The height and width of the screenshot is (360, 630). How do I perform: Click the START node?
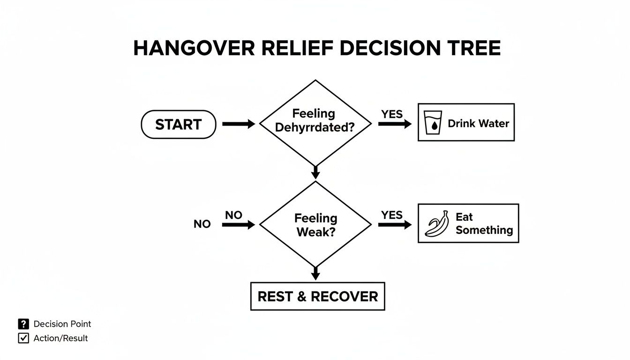pyautogui.click(x=179, y=125)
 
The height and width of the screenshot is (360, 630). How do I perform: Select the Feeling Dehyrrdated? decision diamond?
pyautogui.click(x=315, y=123)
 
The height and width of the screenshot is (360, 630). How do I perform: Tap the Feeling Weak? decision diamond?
pyautogui.click(x=315, y=225)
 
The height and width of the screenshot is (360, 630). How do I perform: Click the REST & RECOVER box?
pyautogui.click(x=317, y=296)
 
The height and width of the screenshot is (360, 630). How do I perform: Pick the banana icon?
pyautogui.click(x=436, y=224)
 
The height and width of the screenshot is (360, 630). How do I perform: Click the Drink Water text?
pyautogui.click(x=478, y=123)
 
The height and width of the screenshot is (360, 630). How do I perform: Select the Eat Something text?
pyautogui.click(x=484, y=224)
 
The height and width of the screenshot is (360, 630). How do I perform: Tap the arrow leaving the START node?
pyautogui.click(x=238, y=124)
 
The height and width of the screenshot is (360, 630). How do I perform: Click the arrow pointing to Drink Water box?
pyautogui.click(x=394, y=124)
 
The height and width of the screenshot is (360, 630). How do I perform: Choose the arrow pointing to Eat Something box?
pyautogui.click(x=394, y=225)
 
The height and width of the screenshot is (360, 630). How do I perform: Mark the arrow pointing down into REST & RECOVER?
pyautogui.click(x=315, y=273)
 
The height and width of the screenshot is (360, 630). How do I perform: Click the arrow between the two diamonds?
pyautogui.click(x=315, y=172)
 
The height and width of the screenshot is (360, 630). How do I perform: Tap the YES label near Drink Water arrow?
pyautogui.click(x=392, y=114)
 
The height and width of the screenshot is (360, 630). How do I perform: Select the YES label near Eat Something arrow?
pyautogui.click(x=392, y=215)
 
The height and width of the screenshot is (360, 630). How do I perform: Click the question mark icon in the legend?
pyautogui.click(x=23, y=324)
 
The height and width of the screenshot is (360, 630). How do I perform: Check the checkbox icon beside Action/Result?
pyautogui.click(x=23, y=338)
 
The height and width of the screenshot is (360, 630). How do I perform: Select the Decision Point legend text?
pyautogui.click(x=62, y=324)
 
